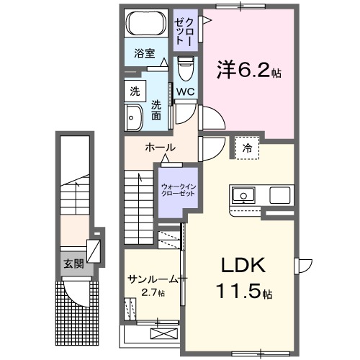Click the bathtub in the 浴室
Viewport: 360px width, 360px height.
[148, 25]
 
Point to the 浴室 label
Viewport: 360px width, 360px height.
[145, 53]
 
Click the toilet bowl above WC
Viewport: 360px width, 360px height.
[185, 70]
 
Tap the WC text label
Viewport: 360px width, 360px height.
[185, 91]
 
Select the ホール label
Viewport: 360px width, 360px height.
[160, 148]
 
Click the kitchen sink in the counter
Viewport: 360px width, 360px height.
[243, 195]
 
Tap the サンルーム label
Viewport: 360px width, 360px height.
[151, 279]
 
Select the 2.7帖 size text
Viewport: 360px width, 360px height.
[152, 293]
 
